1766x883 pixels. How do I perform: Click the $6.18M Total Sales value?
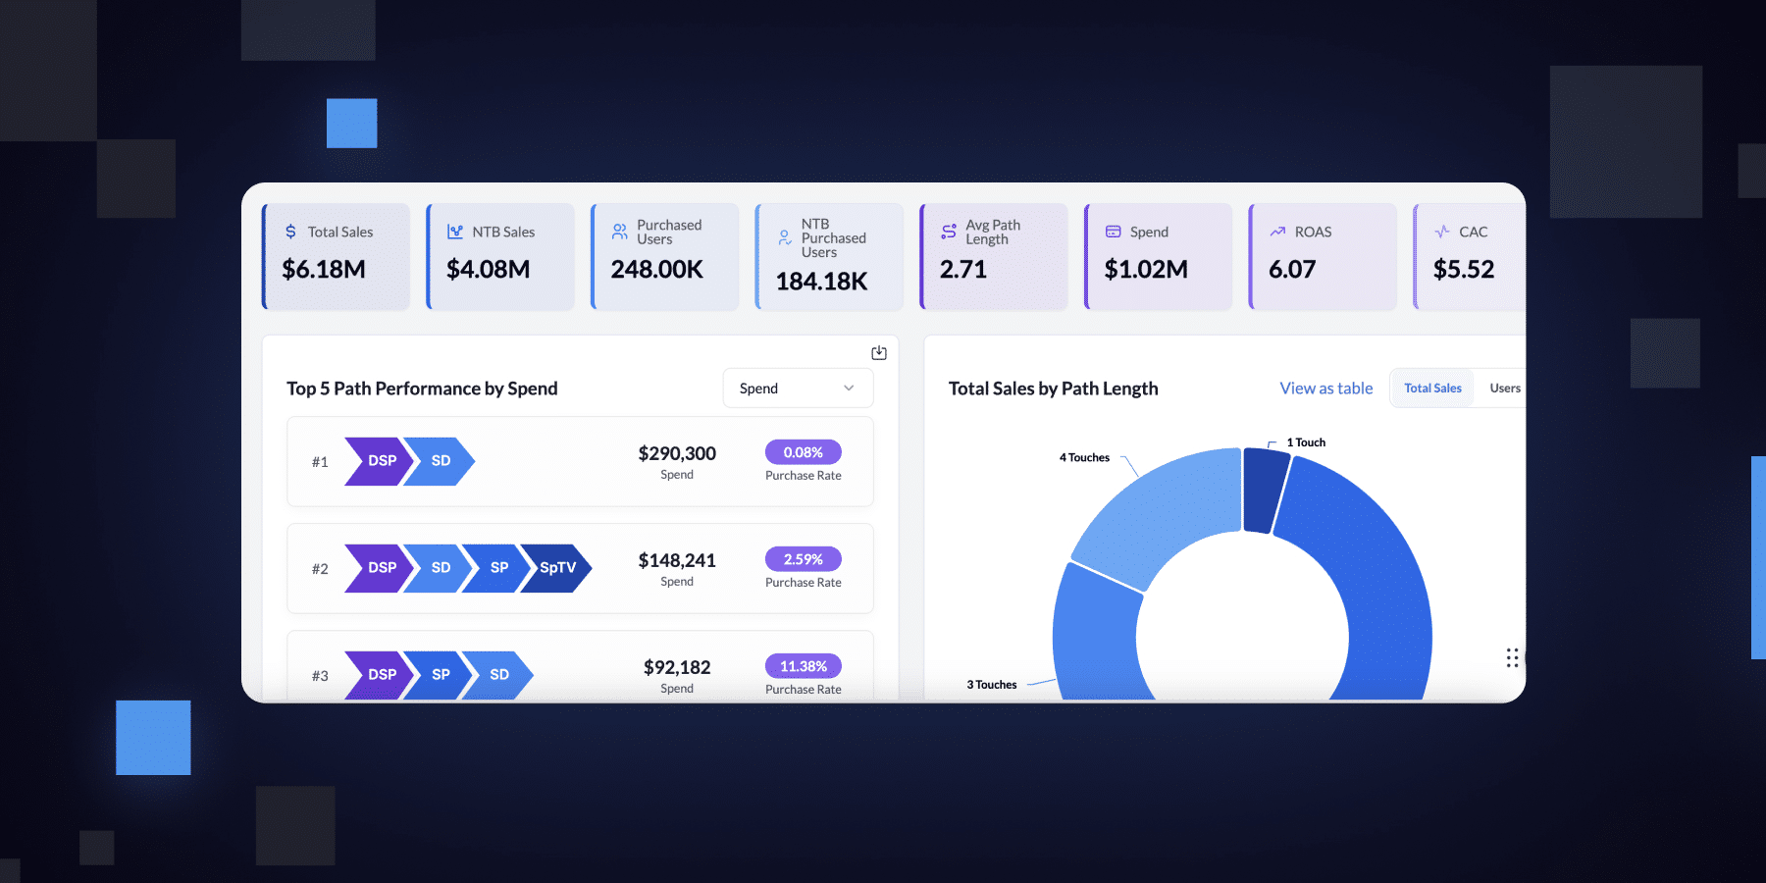tap(324, 269)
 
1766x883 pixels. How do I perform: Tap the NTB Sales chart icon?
tap(455, 232)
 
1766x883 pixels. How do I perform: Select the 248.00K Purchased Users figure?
tap(657, 269)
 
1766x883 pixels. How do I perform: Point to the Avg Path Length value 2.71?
tap(963, 269)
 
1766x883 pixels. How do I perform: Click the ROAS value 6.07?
tap(1292, 269)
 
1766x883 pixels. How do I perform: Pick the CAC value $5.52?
tap(1464, 269)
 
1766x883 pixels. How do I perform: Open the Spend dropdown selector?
tap(798, 388)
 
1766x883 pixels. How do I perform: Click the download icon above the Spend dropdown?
tap(879, 352)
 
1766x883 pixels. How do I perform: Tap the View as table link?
tap(1326, 388)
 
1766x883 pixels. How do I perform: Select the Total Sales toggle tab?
tap(1432, 388)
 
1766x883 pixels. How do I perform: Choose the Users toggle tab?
tap(1505, 388)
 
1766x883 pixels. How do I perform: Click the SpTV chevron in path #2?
tap(556, 568)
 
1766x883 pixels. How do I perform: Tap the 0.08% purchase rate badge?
tap(804, 452)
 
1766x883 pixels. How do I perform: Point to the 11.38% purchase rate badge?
tap(804, 666)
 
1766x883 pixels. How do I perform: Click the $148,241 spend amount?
tap(677, 560)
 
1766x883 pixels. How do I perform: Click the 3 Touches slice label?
tap(992, 685)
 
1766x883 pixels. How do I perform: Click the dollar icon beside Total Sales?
tap(290, 232)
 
